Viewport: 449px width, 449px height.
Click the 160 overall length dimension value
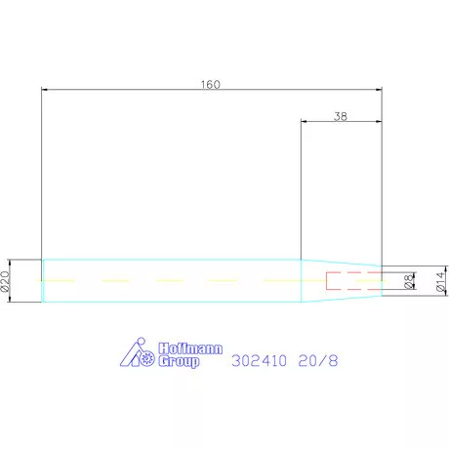coord(211,84)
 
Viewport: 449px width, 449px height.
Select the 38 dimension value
coord(340,115)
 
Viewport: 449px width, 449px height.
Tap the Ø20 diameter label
coord(5,281)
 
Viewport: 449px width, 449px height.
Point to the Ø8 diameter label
coord(408,281)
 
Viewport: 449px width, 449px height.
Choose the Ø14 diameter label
coord(439,281)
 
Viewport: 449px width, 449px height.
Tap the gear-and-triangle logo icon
coord(140,355)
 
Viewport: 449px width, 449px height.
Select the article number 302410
coord(261,359)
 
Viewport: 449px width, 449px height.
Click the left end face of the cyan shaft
coord(43,281)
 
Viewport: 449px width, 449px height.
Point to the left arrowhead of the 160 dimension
coord(45,90)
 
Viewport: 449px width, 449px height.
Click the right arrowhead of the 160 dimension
coord(378,90)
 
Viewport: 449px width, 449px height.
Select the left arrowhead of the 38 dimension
coord(304,121)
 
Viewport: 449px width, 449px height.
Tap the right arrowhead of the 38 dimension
coord(378,121)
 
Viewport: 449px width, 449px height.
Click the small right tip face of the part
coord(381,281)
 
